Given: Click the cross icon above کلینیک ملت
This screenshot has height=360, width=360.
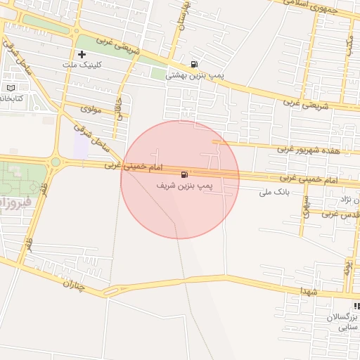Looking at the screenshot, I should pos(82,54).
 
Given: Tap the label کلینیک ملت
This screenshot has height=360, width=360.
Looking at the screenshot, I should pos(82,65).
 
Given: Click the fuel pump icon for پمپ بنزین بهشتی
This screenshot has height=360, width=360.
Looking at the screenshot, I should pos(194,64).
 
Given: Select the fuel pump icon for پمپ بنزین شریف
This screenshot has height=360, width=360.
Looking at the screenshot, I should pos(184,174).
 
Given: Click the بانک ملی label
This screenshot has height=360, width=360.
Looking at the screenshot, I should pos(275,191).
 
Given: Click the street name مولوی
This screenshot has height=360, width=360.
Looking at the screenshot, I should pos(92,109).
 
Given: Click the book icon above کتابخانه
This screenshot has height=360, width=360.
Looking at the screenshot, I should pos(10,88).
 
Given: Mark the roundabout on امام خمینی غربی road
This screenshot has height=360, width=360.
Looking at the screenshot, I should pos(55,162).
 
